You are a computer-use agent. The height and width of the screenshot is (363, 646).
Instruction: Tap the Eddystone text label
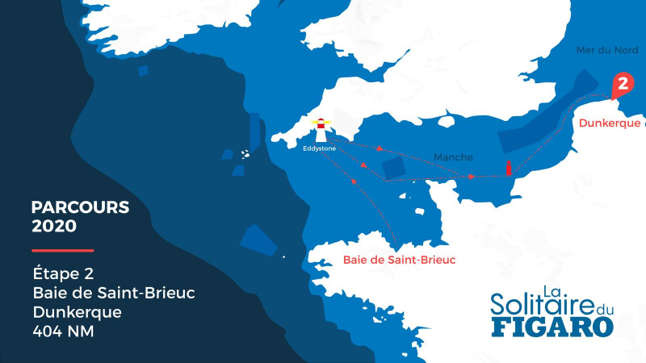click(x=319, y=148)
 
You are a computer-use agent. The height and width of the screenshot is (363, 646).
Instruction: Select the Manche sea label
click(x=453, y=156)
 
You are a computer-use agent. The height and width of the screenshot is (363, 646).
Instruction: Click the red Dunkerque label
click(x=609, y=123)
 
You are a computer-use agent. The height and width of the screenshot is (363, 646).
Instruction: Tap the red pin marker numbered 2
click(x=622, y=85)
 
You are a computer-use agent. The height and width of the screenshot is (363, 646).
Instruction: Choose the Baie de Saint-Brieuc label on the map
click(x=399, y=260)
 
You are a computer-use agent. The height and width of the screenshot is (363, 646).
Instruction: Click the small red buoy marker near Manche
click(x=509, y=168)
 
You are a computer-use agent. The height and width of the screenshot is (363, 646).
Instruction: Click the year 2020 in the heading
click(x=54, y=226)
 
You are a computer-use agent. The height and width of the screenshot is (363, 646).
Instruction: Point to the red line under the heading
click(x=63, y=250)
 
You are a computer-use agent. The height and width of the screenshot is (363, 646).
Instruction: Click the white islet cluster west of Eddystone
click(x=244, y=153)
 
